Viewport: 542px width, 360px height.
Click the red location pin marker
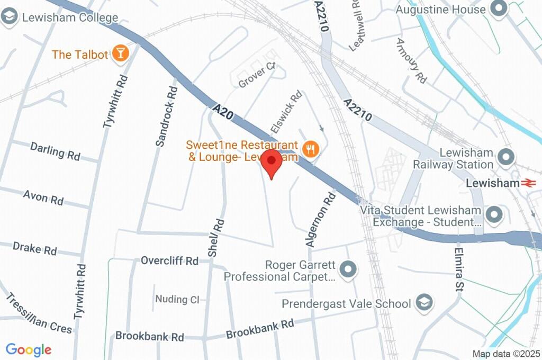coord(272,162)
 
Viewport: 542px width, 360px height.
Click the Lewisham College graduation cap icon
coord(8,17)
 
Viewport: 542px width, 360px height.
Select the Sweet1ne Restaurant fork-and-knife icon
coord(310,150)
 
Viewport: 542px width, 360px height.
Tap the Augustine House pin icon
coord(498,8)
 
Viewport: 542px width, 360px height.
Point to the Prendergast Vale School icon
coord(424,303)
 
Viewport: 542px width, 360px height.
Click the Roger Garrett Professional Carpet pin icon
coord(348,269)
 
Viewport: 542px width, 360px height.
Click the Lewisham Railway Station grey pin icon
coord(507,157)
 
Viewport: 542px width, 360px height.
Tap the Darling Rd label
coord(55,151)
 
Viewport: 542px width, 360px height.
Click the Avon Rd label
coord(43,198)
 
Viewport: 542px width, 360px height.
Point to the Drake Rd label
coord(35,248)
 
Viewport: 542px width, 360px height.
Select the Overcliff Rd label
coord(169,261)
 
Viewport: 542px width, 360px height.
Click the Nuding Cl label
coord(177,300)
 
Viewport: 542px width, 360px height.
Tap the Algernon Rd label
coord(321,219)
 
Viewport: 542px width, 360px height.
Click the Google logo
coord(29,350)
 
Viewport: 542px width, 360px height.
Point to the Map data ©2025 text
coord(505,354)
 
